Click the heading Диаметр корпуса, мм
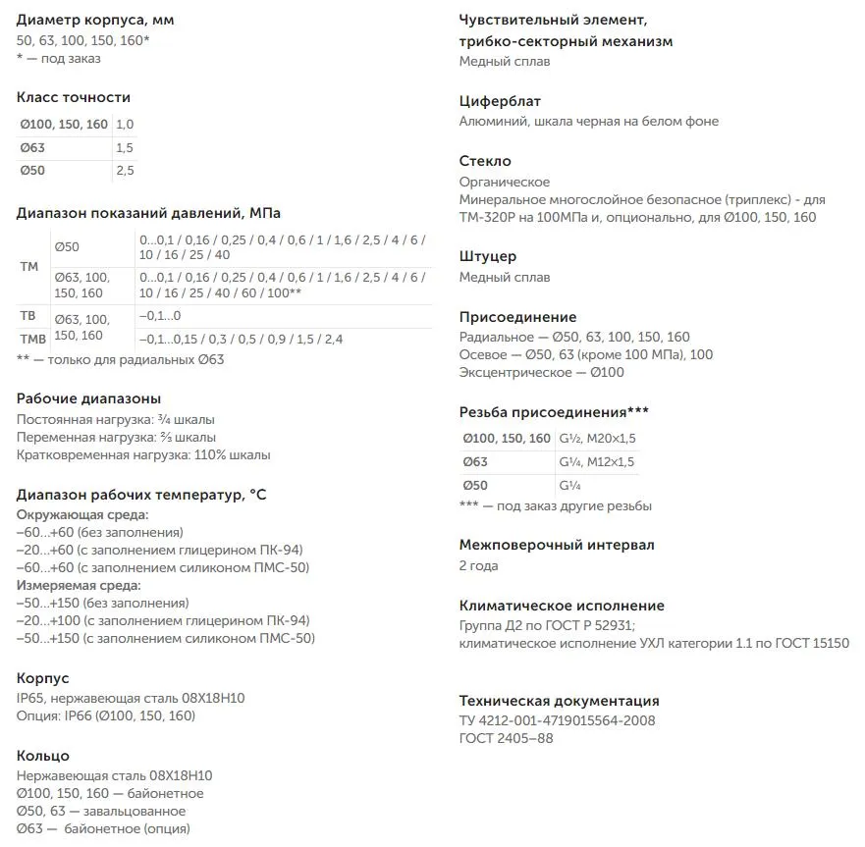pos(95,20)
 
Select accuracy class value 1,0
pos(125,125)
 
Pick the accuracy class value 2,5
pos(125,171)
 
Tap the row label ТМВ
pos(33,340)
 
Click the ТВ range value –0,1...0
pos(160,316)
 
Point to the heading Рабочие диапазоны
pos(88,398)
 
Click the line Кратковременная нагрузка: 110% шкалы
pos(143,455)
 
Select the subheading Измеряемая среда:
pos(79,585)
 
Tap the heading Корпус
pos(43,678)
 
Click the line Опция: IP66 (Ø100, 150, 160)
pos(106,716)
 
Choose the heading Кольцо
pos(43,756)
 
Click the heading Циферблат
pos(500,101)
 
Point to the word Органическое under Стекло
pos(505,182)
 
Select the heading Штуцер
pos(488,257)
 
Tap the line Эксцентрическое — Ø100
pos(541,373)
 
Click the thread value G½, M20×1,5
pos(597,439)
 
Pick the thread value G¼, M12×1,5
pos(597,462)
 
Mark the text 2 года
pos(479,566)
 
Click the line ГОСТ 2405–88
pos(506,739)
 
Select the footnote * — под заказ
pos(59,59)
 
